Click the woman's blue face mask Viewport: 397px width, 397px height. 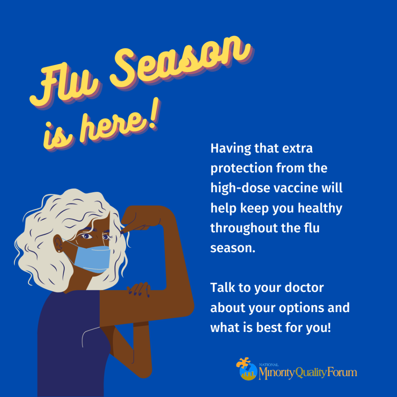click(92, 258)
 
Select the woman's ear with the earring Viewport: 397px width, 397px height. click(59, 243)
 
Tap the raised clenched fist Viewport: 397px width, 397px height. click(140, 218)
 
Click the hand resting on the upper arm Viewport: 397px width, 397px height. click(139, 290)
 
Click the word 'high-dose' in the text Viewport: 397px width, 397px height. click(240, 188)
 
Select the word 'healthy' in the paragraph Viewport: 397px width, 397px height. click(320, 209)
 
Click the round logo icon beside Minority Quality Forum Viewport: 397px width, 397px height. click(247, 369)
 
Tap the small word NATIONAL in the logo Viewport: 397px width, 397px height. click(269, 365)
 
